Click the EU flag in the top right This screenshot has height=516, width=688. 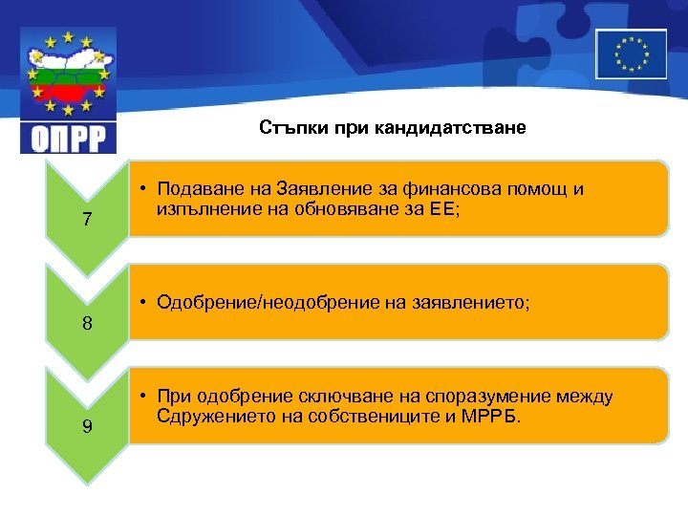[631, 53]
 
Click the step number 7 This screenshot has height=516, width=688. [87, 220]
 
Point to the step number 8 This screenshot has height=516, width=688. [87, 323]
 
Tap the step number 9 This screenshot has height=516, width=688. [87, 426]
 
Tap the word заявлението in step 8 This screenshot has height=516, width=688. [463, 302]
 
